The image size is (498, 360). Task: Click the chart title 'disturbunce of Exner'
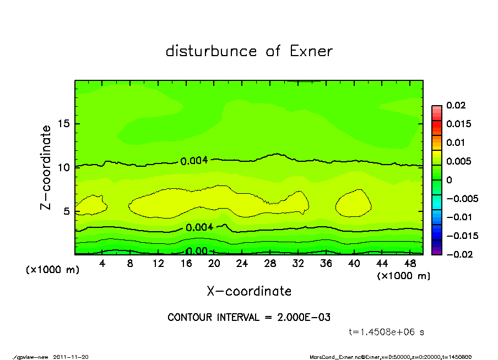click(x=249, y=51)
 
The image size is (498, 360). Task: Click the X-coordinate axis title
click(x=249, y=291)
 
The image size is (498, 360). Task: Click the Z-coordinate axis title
click(x=46, y=167)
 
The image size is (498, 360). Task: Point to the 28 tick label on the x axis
click(x=270, y=263)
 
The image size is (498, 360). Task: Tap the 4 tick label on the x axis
click(x=102, y=263)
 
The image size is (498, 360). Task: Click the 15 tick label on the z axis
click(x=63, y=123)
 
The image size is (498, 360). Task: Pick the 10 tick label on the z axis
click(x=63, y=167)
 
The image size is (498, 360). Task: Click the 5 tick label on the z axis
click(x=67, y=211)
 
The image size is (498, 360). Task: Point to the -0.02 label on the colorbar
click(x=458, y=254)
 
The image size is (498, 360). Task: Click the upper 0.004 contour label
click(x=194, y=161)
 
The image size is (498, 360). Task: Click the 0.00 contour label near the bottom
click(x=197, y=251)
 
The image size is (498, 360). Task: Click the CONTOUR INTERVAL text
click(x=249, y=317)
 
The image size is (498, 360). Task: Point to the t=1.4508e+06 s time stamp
click(x=386, y=332)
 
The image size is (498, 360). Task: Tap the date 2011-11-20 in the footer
click(x=71, y=357)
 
